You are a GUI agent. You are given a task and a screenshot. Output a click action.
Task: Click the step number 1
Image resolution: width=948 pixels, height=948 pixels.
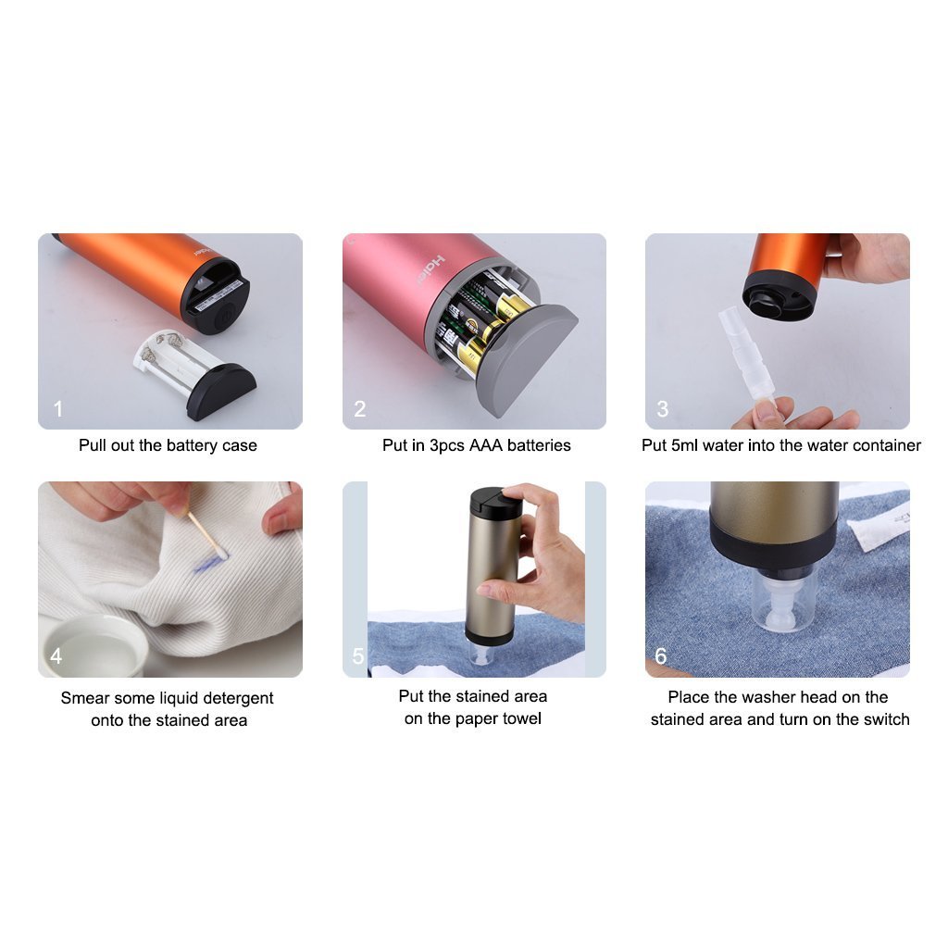click(58, 408)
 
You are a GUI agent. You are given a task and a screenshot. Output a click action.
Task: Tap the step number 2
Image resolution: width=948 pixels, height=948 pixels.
click(360, 408)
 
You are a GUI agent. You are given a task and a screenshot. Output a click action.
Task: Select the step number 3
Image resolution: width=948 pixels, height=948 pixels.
click(663, 408)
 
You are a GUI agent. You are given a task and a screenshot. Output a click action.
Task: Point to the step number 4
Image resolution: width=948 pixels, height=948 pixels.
click(56, 656)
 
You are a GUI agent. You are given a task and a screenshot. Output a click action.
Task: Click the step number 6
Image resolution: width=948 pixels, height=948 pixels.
click(661, 656)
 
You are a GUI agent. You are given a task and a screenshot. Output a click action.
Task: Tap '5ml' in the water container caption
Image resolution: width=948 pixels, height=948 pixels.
click(684, 445)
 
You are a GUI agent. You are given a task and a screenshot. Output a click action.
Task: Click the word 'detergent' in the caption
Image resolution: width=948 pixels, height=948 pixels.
click(238, 698)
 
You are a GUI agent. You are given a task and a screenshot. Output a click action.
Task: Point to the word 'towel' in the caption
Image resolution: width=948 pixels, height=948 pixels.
click(521, 718)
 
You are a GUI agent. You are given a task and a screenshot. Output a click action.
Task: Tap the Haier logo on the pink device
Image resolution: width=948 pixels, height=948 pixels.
click(430, 270)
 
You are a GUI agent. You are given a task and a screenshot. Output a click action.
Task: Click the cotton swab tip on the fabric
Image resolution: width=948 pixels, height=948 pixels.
click(220, 552)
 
